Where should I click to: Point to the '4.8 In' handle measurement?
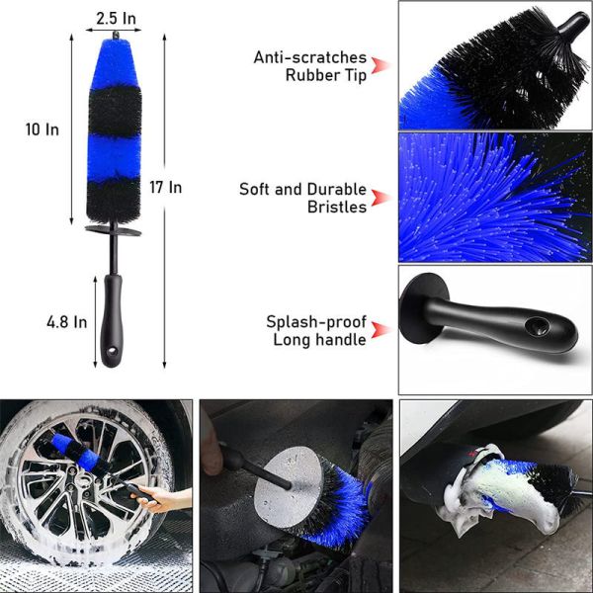coord(67,322)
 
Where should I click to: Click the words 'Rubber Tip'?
coord(326,75)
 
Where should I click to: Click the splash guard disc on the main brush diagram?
coord(112,229)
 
